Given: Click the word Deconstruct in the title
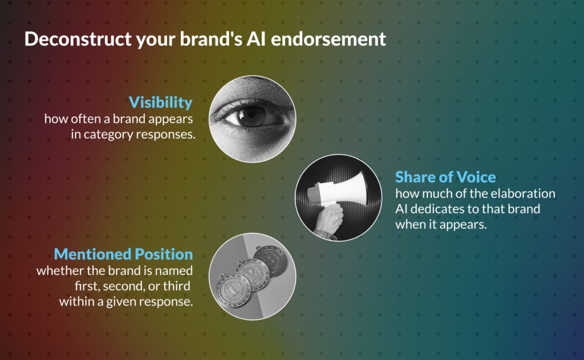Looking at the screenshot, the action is pos(78,39).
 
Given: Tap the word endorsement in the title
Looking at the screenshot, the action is pos(328,39).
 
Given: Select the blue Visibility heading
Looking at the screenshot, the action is pos(160,103).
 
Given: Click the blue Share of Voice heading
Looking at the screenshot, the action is pos(445,177).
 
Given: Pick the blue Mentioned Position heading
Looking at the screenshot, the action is pos(123,254).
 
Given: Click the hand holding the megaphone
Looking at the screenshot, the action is pos(328,220).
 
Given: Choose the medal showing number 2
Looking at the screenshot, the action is pos(253,274).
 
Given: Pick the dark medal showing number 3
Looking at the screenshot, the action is pos(271,261).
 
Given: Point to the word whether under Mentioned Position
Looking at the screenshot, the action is pos(60,270).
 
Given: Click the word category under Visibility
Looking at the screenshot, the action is pos(108,135).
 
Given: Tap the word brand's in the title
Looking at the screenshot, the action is pos(211,39).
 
